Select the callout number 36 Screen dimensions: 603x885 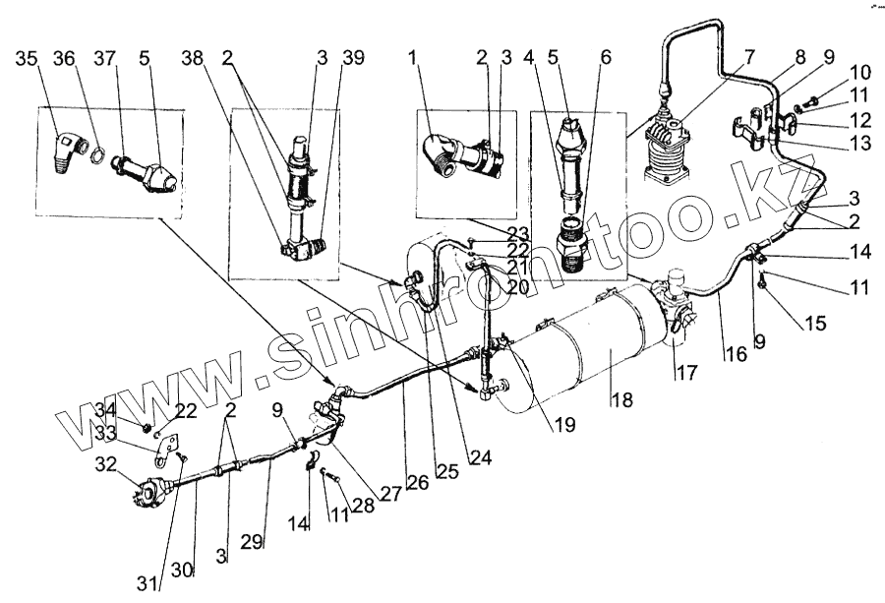(64, 58)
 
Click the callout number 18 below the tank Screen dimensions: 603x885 (620, 399)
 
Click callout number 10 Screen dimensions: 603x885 (833, 72)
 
